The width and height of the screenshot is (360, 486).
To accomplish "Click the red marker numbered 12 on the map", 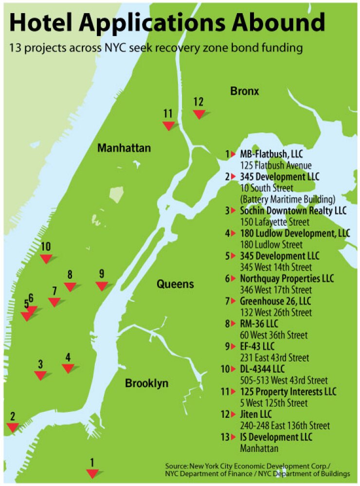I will tap(198, 114).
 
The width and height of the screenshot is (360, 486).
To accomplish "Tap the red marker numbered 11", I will tap(168, 126).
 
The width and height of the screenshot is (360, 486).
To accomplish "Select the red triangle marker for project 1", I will tap(92, 473).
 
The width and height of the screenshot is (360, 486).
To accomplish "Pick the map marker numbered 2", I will tap(13, 427).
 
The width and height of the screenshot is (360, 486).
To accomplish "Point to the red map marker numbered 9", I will tap(101, 286).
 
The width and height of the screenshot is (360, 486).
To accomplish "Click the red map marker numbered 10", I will tap(46, 259).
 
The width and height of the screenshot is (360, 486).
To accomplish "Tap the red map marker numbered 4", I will tap(68, 368).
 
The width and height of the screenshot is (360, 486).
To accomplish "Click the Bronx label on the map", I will tap(245, 91).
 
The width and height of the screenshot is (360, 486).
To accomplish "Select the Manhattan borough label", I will tap(124, 148).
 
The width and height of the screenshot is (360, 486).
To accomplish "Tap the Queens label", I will tap(175, 284).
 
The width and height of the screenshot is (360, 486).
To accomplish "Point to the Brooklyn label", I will tap(146, 383).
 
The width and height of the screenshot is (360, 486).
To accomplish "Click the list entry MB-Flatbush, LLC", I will tap(271, 154).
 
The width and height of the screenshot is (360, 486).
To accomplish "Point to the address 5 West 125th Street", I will tap(274, 403).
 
